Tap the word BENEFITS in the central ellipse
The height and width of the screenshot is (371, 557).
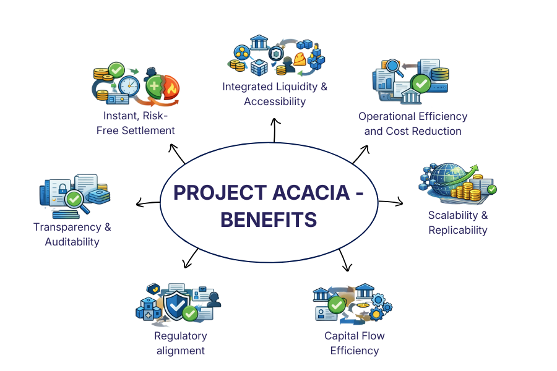coord(269,220)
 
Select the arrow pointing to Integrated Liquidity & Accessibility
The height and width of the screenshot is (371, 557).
coord(274,129)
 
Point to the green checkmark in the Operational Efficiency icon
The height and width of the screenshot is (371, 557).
coord(421,82)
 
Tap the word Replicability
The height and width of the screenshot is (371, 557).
coord(458,230)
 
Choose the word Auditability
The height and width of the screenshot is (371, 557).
coord(72,242)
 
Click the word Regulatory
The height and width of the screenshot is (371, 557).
coord(181,336)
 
